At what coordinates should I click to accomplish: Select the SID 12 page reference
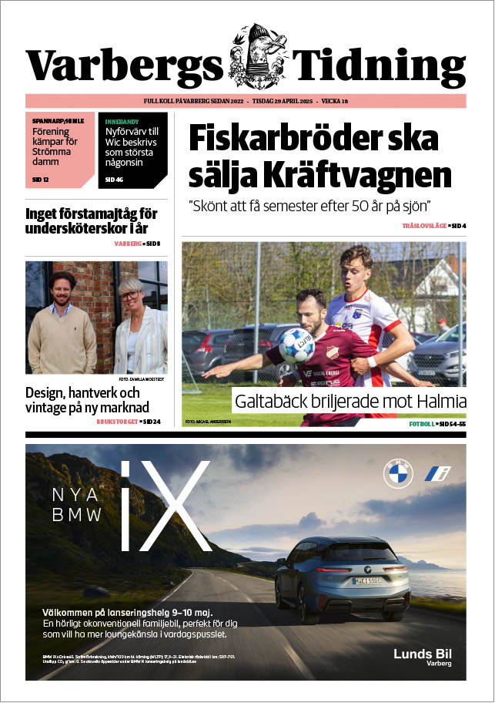tap(41, 180)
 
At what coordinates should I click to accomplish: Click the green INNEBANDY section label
tap(122, 121)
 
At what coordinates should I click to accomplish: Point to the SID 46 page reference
tap(114, 180)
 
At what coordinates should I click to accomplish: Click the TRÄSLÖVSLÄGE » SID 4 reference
tap(434, 225)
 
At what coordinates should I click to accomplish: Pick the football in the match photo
tap(296, 346)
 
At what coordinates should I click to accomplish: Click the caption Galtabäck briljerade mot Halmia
tap(350, 402)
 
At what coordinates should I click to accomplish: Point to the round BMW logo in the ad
tap(398, 473)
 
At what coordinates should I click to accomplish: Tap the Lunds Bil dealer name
tap(423, 654)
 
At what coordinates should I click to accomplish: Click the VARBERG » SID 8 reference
tap(137, 244)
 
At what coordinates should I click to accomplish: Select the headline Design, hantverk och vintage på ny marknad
tap(87, 399)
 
